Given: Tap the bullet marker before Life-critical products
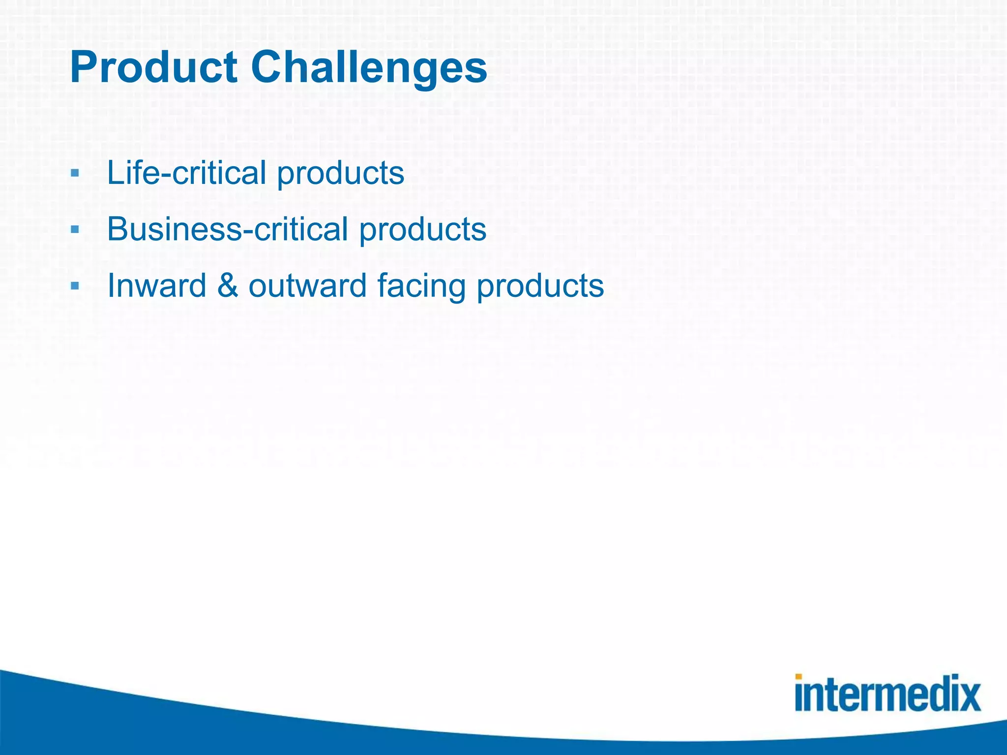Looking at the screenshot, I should (75, 173).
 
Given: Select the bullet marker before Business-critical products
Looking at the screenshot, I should (75, 229).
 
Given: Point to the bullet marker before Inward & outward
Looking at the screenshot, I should (75, 286).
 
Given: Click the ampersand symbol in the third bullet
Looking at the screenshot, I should (227, 286).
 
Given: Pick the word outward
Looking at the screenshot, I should (307, 286).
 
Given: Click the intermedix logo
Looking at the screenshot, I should (888, 693).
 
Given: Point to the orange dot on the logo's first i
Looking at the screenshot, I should (799, 677).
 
